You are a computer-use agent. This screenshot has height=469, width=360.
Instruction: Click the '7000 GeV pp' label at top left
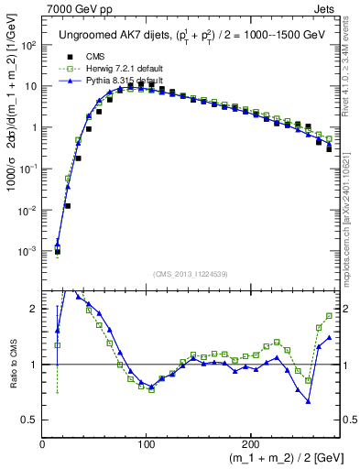point(79,8)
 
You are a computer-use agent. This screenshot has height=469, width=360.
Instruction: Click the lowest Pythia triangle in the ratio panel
point(309,401)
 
